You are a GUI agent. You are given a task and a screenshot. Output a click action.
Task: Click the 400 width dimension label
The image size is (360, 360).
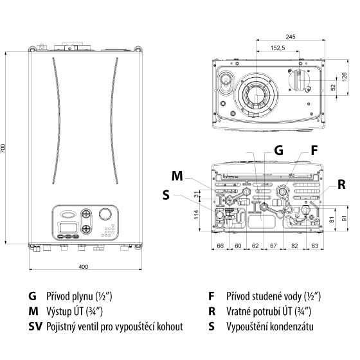click(84, 267)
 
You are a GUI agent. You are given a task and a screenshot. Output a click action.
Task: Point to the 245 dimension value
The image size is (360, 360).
click(291, 37)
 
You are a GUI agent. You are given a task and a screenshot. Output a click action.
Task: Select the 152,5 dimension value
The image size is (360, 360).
click(278, 48)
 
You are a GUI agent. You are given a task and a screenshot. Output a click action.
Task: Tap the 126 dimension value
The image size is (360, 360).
click(345, 76)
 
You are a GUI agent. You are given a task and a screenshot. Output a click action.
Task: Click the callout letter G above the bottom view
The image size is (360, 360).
click(279, 150)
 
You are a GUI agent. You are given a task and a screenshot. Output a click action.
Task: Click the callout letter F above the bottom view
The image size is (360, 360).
click(314, 150)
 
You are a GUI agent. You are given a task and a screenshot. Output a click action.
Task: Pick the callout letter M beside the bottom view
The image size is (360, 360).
click(177, 176)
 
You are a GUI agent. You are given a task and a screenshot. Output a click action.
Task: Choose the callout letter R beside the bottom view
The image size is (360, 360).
click(341, 184)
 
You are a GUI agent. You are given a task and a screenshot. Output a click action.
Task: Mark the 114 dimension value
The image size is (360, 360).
click(196, 214)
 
